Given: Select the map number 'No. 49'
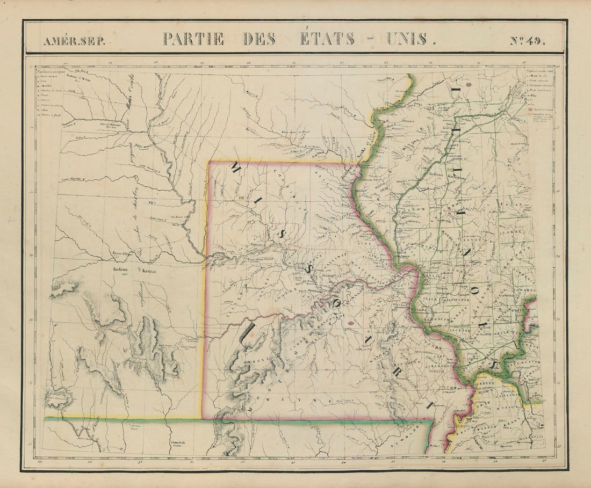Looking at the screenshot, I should click(x=527, y=41).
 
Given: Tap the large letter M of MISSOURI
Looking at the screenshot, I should click(x=235, y=170).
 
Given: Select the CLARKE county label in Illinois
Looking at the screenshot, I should click(x=509, y=232).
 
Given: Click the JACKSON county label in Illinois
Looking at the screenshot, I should click(x=453, y=330).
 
